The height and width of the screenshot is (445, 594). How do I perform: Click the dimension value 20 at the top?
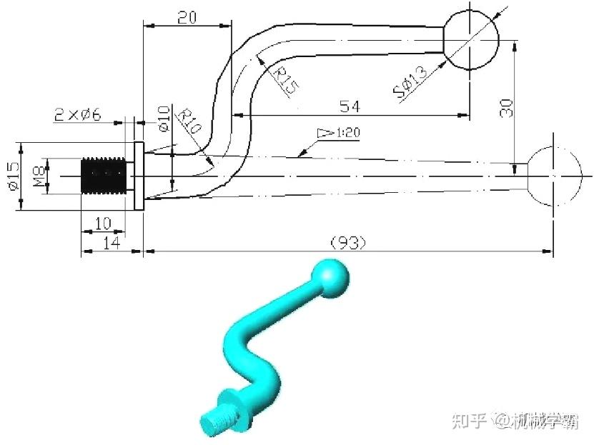click(187, 18)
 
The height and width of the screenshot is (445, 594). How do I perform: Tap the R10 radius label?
click(189, 121)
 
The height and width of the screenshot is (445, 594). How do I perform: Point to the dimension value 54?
click(349, 106)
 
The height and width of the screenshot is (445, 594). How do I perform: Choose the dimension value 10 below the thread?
click(102, 224)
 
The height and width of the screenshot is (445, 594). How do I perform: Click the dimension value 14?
click(110, 243)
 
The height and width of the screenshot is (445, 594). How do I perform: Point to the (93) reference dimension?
click(347, 243)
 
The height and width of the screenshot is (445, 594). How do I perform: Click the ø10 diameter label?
click(163, 119)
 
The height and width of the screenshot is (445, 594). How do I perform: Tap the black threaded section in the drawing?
click(104, 175)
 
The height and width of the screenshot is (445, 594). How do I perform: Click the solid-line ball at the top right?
click(470, 40)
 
